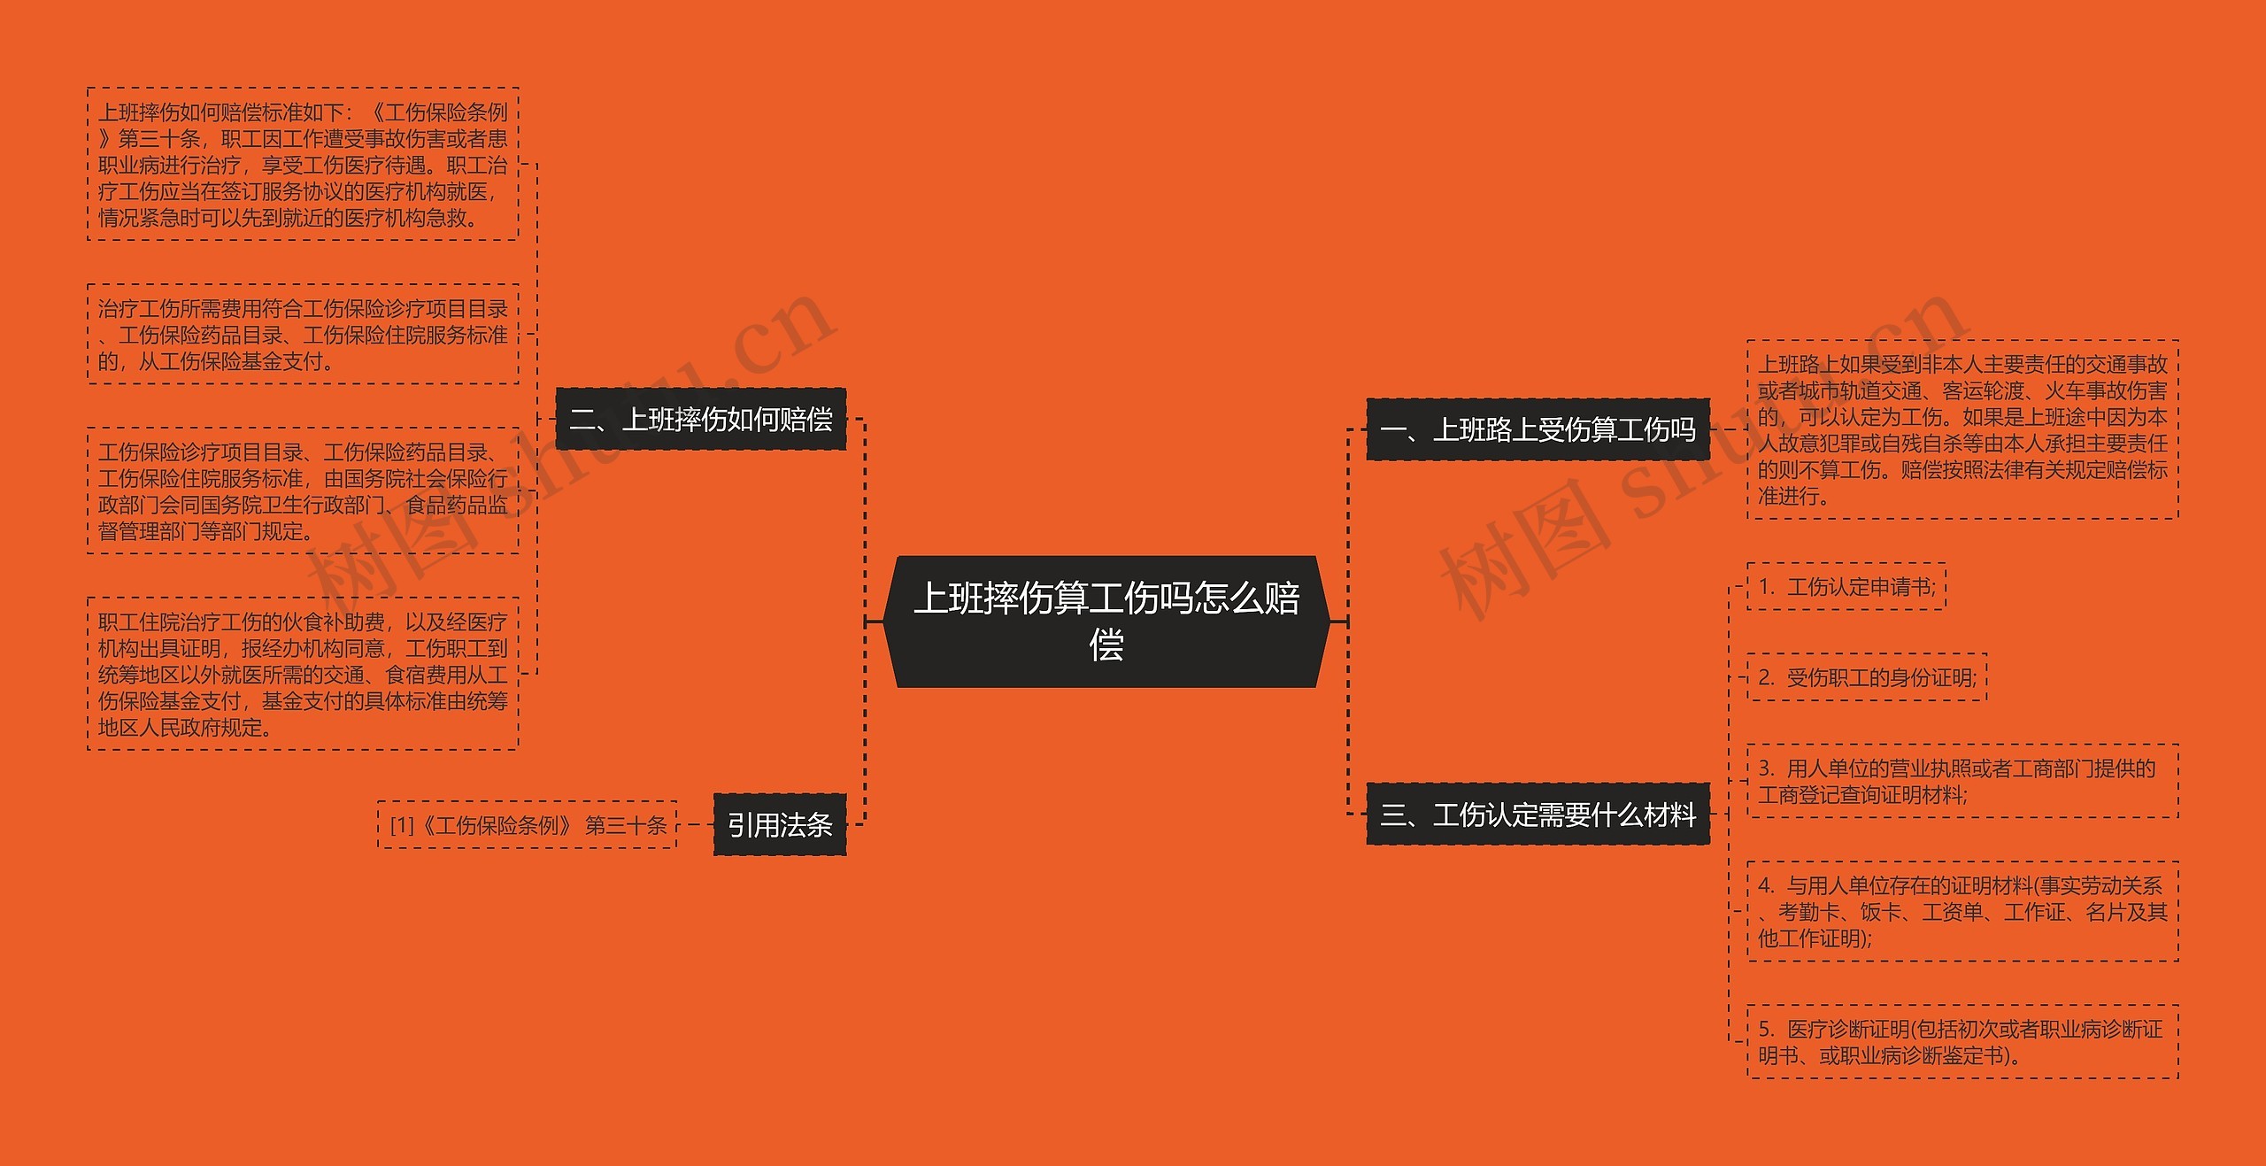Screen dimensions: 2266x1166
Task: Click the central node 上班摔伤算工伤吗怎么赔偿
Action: [x=1106, y=621]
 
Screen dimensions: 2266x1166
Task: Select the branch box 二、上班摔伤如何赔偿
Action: [x=700, y=419]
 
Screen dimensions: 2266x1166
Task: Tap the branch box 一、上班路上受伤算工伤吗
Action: [x=1538, y=429]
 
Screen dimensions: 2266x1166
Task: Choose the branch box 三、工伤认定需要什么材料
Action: [x=1538, y=814]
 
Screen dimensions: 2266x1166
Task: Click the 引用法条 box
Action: [x=780, y=825]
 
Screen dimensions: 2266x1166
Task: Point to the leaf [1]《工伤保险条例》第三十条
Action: [x=528, y=825]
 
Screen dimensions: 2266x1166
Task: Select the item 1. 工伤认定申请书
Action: [x=1846, y=586]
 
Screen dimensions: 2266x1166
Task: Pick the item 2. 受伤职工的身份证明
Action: [x=1867, y=677]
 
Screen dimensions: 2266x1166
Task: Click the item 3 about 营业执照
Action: [x=1962, y=781]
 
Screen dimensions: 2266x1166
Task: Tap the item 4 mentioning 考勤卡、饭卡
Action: [x=1962, y=911]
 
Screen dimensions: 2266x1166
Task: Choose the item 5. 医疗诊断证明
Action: [x=1962, y=1041]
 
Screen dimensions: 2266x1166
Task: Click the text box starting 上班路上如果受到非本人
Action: [x=1962, y=429]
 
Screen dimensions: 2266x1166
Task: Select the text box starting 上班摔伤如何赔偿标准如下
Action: [x=303, y=164]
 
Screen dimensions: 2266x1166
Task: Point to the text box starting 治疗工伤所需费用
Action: [x=303, y=334]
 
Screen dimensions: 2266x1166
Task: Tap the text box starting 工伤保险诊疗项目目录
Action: [x=303, y=490]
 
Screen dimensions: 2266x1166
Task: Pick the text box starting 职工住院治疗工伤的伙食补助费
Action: [x=303, y=674]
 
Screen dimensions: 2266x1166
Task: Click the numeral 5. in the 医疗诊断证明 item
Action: [x=1767, y=1029]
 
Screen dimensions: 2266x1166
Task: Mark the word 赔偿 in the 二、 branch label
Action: [x=806, y=419]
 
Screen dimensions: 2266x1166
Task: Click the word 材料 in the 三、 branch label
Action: [x=1669, y=814]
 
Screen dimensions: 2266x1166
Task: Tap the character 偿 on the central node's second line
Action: [x=1106, y=645]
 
